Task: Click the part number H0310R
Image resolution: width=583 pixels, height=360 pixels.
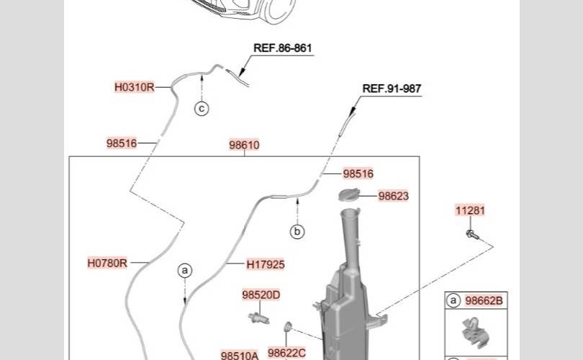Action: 135,87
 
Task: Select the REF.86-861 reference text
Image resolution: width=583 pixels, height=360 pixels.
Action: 283,48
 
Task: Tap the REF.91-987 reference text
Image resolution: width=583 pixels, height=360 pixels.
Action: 392,89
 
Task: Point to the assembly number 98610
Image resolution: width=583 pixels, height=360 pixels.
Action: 244,145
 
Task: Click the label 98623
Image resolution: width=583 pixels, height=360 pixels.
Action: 394,196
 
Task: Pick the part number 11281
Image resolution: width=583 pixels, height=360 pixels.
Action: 470,211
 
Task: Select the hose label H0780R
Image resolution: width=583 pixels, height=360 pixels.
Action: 107,263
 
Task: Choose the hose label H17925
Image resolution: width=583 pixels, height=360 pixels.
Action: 266,264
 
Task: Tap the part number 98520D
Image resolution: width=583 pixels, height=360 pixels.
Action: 261,294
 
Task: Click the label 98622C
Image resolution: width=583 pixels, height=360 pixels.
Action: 286,352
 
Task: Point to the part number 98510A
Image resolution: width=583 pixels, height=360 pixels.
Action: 240,355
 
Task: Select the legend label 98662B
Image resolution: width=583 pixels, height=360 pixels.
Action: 484,301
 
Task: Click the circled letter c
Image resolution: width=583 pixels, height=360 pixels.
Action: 202,109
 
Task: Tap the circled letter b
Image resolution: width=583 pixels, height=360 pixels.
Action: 297,232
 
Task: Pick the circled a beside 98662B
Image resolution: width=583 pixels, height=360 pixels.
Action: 454,301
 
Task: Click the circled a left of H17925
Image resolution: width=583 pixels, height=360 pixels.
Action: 186,271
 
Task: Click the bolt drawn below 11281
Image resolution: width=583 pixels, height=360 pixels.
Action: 473,233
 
